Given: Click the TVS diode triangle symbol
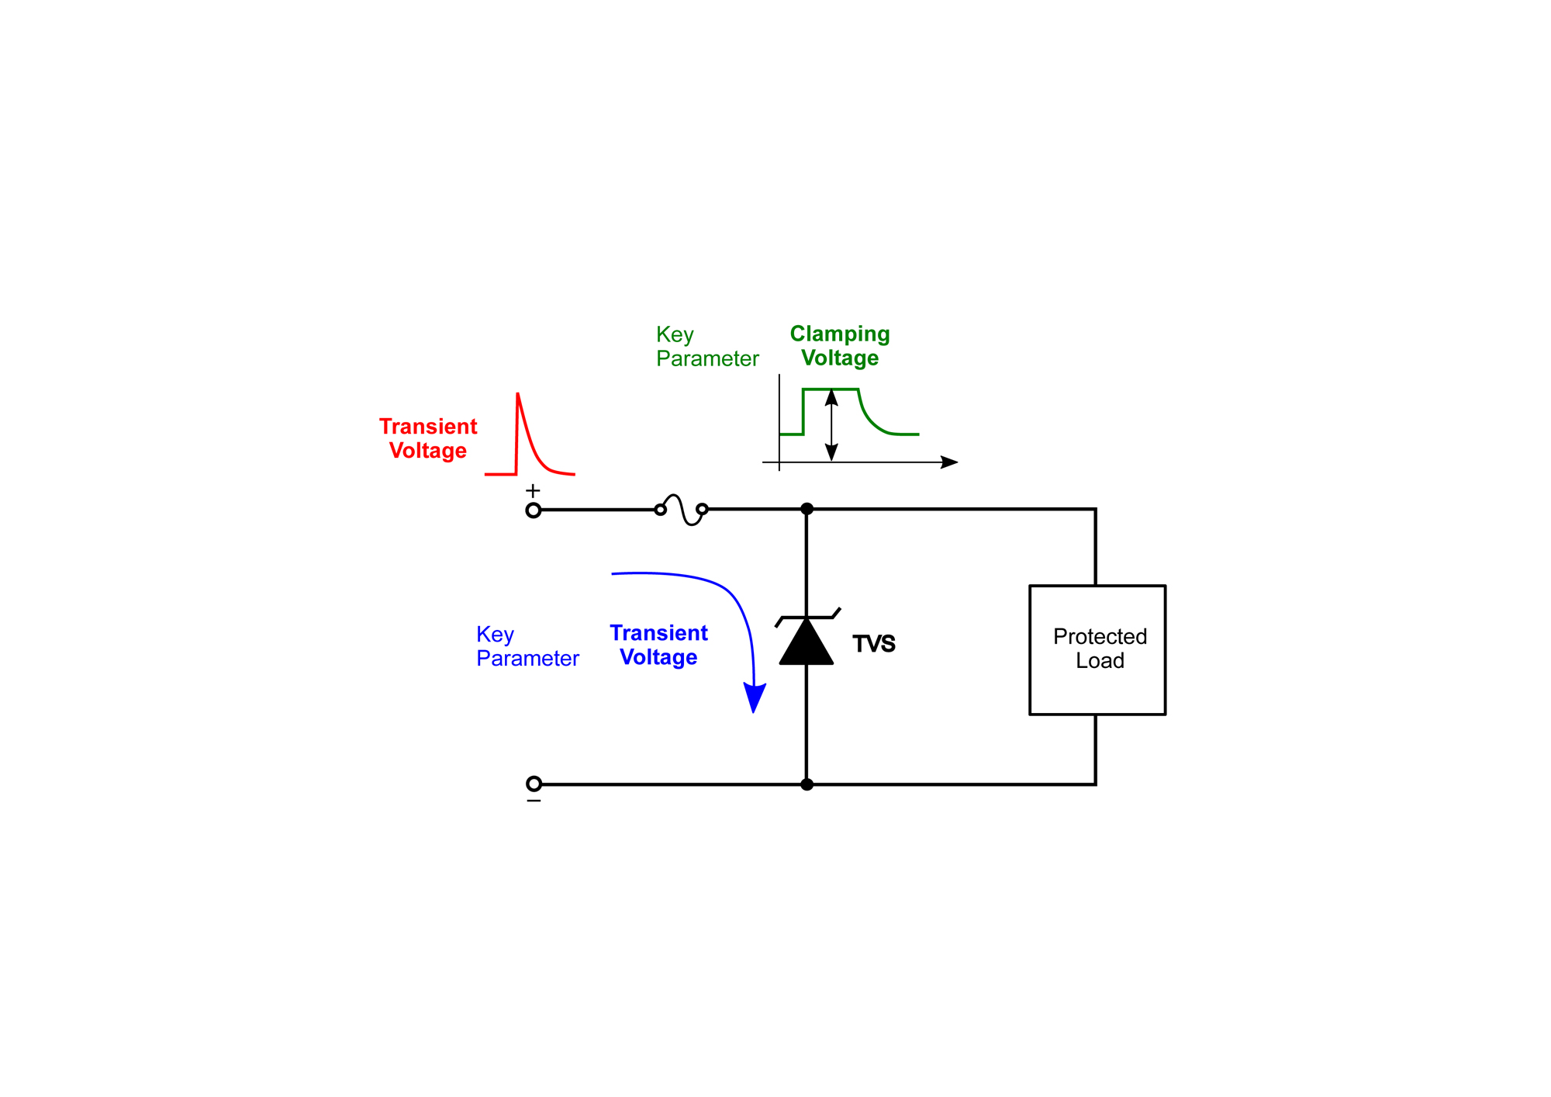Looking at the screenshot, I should [x=807, y=644].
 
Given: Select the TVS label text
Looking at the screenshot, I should [x=874, y=644].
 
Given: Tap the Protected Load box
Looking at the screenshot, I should [x=1097, y=649].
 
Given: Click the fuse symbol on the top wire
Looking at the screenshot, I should [x=682, y=510].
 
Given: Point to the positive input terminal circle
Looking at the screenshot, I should [x=534, y=510].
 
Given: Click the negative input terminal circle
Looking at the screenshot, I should [x=534, y=784].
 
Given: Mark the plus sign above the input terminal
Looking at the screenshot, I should [x=533, y=491].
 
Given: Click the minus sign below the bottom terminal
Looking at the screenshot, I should [x=534, y=801].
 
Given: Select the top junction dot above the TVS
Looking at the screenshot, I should [x=807, y=509].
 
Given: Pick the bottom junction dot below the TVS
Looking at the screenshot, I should [x=807, y=784].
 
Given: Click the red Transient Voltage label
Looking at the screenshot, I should [x=428, y=438].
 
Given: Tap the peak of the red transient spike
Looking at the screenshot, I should [x=518, y=395].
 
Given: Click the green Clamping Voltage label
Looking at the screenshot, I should [x=840, y=346].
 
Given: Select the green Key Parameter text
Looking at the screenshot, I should [x=706, y=347].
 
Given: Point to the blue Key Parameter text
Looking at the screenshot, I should [x=527, y=646].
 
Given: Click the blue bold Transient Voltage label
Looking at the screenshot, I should [x=658, y=645].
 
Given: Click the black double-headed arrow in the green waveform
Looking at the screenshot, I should [x=831, y=425].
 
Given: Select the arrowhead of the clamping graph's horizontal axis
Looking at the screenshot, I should [x=949, y=462].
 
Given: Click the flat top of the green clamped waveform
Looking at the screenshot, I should [x=831, y=389].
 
